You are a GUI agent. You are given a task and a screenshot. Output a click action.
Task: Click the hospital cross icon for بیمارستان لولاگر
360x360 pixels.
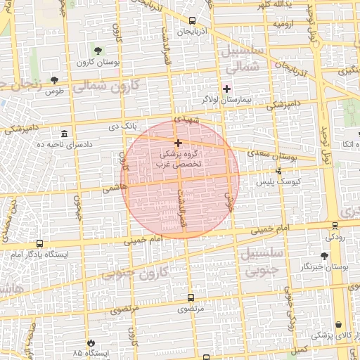pyautogui.click(x=226, y=89)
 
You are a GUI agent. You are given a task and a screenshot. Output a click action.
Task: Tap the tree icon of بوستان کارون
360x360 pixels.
pyautogui.click(x=97, y=51)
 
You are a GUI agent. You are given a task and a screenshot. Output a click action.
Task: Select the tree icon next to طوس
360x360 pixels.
pyautogui.click(x=54, y=79)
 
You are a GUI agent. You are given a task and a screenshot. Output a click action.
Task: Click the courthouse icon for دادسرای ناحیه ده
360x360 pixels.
pyautogui.click(x=64, y=134)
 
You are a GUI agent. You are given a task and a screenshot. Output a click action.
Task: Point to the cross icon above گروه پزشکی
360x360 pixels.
pyautogui.click(x=178, y=143)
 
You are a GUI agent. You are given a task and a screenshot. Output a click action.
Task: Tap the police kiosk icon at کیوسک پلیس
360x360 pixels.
pyautogui.click(x=279, y=171)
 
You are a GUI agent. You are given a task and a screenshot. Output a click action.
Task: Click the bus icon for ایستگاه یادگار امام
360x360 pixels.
pyautogui.click(x=39, y=243)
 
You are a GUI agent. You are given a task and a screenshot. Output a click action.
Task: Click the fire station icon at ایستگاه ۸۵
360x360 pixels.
pyautogui.click(x=90, y=342)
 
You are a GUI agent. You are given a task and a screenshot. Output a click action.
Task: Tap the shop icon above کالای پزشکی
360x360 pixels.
pyautogui.click(x=340, y=325)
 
